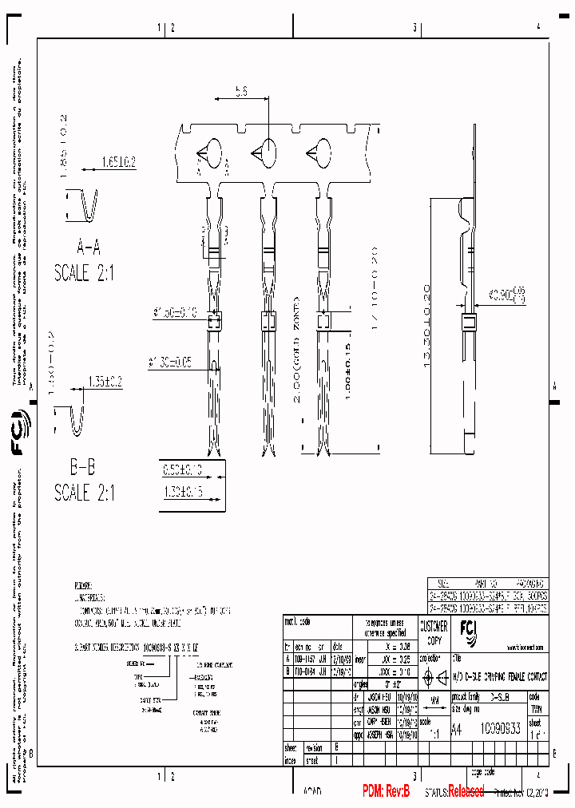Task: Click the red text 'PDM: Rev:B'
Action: [386, 791]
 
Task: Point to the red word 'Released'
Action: [466, 791]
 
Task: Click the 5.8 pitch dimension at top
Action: [240, 93]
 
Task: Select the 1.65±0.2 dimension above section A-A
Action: [118, 162]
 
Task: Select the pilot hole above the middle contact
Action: [265, 151]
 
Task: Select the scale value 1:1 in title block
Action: [434, 731]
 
